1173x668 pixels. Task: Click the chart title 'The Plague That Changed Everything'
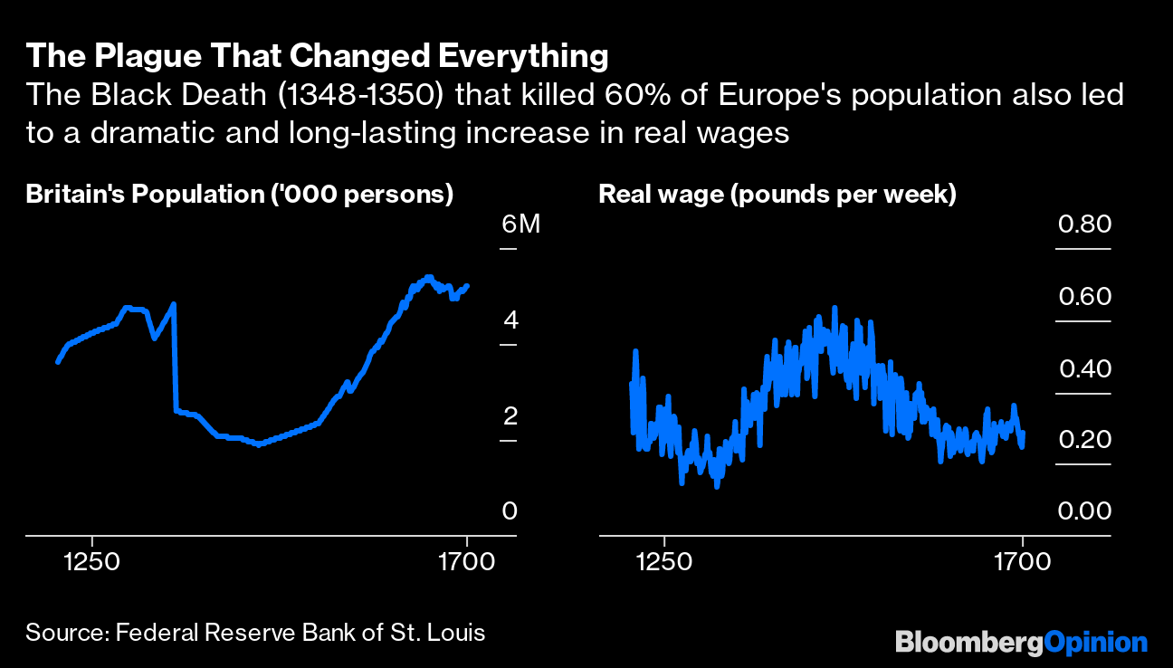click(317, 56)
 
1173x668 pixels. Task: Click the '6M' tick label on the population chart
click(520, 224)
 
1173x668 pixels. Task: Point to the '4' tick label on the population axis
click(510, 320)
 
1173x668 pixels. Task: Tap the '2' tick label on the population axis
click(510, 416)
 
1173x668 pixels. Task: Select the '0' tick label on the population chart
click(510, 511)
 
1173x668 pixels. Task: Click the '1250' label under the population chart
click(92, 561)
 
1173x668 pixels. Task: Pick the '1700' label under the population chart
click(466, 561)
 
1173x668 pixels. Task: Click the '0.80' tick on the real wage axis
click(1084, 224)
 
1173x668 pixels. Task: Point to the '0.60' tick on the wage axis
click(1084, 297)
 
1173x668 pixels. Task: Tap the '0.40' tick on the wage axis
click(1084, 368)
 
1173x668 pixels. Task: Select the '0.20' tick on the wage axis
click(1084, 440)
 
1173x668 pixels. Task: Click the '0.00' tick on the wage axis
click(1084, 511)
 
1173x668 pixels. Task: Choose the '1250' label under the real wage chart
click(664, 561)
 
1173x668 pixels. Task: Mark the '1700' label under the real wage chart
click(1022, 561)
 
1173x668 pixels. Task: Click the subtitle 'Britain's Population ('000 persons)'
click(239, 195)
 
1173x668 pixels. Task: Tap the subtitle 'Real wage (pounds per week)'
click(777, 195)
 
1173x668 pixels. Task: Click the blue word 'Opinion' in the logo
click(1096, 642)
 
